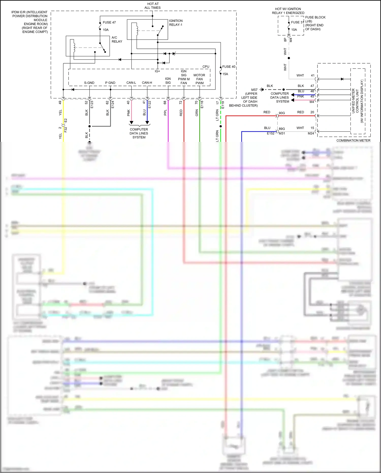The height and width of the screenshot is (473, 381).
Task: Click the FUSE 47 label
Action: tap(109, 22)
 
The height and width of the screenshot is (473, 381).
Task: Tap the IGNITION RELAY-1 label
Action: tap(176, 23)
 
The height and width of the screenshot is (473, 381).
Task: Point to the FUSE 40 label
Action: tap(229, 67)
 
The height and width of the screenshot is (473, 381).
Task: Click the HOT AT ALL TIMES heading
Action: tap(153, 6)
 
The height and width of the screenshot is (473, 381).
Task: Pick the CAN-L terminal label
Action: tap(131, 83)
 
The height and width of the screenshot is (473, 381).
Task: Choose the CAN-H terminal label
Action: tap(147, 83)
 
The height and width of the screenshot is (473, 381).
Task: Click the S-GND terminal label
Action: tap(89, 83)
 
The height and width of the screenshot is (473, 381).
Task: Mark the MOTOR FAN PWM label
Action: tap(199, 79)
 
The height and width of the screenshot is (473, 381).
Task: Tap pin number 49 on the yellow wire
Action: tap(60, 102)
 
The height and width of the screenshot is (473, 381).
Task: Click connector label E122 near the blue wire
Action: tap(150, 104)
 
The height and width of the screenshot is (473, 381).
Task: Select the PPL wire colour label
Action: tap(165, 112)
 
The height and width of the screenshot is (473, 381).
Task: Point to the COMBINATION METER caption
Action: tap(353, 140)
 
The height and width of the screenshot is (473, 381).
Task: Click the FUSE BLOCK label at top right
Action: tap(315, 17)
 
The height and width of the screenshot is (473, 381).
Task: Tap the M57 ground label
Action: tap(254, 90)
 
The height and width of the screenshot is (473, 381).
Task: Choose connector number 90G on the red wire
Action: tap(282, 113)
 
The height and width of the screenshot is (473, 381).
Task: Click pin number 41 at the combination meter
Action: tap(313, 75)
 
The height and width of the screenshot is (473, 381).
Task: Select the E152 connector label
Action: tap(271, 133)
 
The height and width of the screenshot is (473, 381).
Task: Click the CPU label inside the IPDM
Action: tap(206, 67)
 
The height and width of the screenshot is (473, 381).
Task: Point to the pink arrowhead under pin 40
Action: tap(131, 123)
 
